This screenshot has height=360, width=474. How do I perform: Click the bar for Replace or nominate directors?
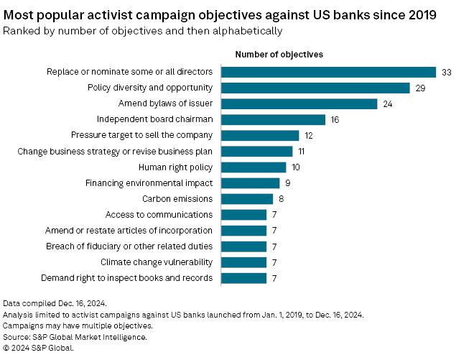pyautogui.click(x=328, y=72)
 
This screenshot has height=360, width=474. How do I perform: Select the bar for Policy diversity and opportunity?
pyautogui.click(x=315, y=88)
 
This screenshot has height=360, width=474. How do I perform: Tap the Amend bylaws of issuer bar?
pyautogui.click(x=299, y=103)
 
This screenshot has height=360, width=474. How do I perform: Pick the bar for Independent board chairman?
pyautogui.click(x=273, y=119)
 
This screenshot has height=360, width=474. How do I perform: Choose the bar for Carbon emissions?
pyautogui.click(x=247, y=198)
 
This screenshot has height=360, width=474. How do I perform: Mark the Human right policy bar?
pyautogui.click(x=254, y=167)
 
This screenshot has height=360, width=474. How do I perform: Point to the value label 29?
pyautogui.click(x=421, y=88)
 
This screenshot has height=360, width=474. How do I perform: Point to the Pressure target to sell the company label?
pyautogui.click(x=141, y=135)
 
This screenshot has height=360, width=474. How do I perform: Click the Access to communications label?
pyautogui.click(x=159, y=214)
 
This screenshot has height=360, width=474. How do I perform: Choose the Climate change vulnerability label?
pyautogui.click(x=157, y=262)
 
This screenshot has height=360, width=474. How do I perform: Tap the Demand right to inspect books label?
pyautogui.click(x=126, y=277)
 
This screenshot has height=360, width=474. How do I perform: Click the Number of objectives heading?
pyautogui.click(x=279, y=55)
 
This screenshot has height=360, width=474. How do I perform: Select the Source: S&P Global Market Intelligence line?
pyautogui.click(x=75, y=336)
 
